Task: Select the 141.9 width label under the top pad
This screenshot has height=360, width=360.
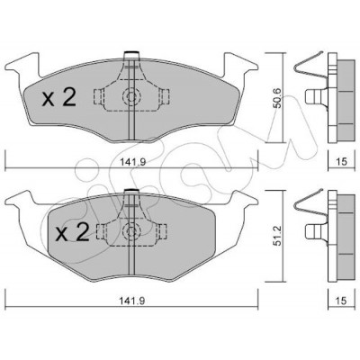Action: (133, 162)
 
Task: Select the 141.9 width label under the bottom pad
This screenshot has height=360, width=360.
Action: (133, 301)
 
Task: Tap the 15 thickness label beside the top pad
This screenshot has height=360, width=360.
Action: (342, 162)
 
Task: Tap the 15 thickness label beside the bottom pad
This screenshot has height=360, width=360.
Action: (342, 301)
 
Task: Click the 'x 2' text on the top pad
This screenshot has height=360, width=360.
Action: (58, 98)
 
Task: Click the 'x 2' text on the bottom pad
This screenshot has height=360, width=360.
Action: (73, 232)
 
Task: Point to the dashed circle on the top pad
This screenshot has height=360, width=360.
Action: (131, 96)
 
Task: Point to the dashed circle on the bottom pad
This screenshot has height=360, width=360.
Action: (131, 231)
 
